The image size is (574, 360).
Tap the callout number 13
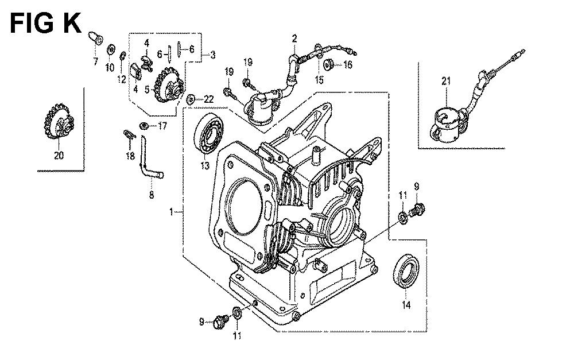point(205,166)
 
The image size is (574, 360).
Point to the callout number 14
point(406,305)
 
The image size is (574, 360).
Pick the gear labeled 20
point(59,121)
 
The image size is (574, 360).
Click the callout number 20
point(59,155)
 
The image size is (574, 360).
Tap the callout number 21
point(446,81)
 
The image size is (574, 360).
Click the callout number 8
point(152,195)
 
